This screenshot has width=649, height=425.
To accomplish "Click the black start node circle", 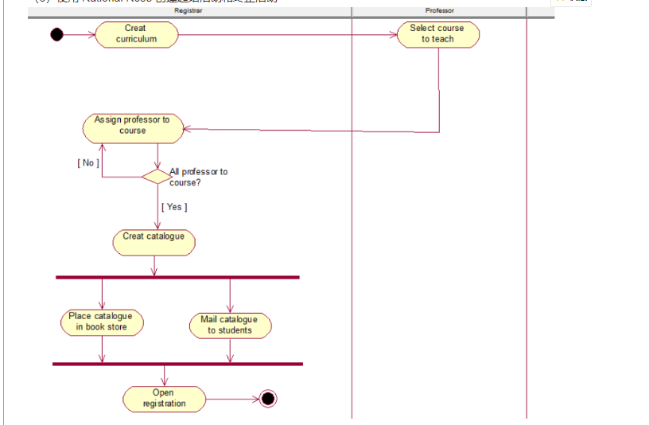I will pos(56,34).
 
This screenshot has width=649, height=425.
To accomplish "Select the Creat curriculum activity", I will pos(136,34).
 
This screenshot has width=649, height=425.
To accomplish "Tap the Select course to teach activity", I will pos(437,34).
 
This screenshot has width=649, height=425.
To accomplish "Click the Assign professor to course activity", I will pos(133,126).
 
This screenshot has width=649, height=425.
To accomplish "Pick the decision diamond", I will pos(156,176).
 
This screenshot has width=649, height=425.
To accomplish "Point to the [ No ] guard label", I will pos(87,163).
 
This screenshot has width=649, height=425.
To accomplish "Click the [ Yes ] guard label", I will pos(174,207).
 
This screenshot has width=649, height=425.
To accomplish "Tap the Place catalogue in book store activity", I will pos(101,322).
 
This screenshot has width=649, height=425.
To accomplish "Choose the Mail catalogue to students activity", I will pos(230,325).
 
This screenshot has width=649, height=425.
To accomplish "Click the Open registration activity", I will pos(164,398).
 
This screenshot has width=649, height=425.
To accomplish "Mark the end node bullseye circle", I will pos(267,399).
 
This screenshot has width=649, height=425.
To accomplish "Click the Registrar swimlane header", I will pos(188,10).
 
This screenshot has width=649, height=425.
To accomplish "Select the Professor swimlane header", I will pos(440,10).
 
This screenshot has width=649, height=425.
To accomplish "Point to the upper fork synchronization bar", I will pos(177,277).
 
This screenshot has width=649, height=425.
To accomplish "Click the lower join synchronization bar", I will pos(177,364).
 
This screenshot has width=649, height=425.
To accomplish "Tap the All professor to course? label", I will pos(198,177).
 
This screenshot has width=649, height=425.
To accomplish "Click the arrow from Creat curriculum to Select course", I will pos(286,35).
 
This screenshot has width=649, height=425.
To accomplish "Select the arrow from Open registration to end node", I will pos(231,399).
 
